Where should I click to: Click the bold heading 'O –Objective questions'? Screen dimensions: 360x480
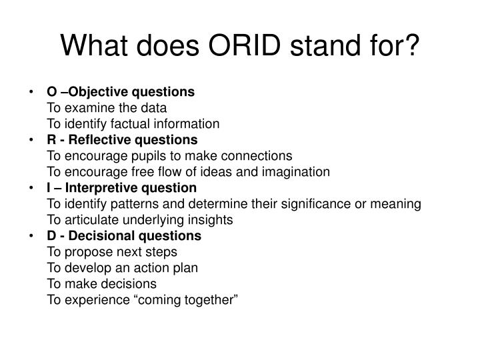tap(121, 91)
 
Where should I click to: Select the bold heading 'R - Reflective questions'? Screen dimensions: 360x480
tap(122, 139)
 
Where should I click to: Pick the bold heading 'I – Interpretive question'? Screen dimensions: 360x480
tap(121, 188)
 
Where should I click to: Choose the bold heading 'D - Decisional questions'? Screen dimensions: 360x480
tap(123, 236)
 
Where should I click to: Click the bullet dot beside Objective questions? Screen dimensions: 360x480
tap(33, 91)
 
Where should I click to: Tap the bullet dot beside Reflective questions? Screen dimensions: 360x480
tap(33, 139)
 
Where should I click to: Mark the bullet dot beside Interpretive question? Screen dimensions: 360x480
tap(33, 188)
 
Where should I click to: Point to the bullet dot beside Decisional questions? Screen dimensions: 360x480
tap(33, 236)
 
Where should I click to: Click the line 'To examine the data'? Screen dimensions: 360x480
tap(107, 107)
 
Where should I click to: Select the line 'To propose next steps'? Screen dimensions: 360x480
tap(112, 252)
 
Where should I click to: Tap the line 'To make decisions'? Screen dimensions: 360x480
tap(101, 284)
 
